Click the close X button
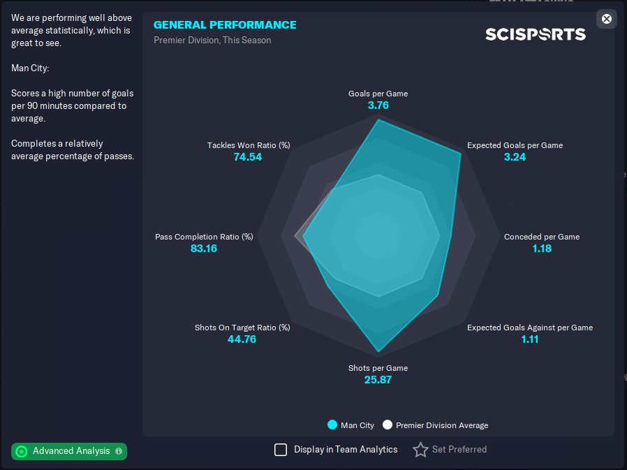pos(606,19)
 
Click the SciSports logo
pos(536,34)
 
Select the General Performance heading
pos(225,24)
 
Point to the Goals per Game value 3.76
pos(378,105)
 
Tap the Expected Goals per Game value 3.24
pos(515,157)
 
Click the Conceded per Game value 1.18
pos(541,249)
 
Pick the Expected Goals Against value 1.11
pos(529,339)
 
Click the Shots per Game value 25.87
pos(378,380)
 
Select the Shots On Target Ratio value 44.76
pos(242,339)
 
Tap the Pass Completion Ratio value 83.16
pos(203,249)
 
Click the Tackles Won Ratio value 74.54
pos(248,157)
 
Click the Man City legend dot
pos(332,425)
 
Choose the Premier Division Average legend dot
pos(388,425)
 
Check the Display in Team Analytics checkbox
pos(281,450)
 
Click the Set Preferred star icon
pos(420,450)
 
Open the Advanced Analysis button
pos(69,451)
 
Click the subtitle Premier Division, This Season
pos(212,40)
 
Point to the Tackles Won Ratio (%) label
pos(248,145)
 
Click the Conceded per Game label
pos(541,237)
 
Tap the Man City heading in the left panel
pos(30,68)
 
